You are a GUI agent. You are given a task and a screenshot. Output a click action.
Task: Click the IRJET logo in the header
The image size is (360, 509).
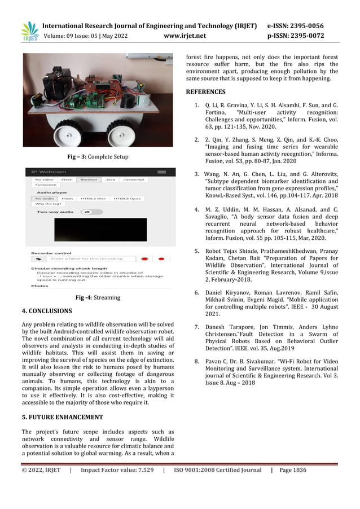pos(29,32)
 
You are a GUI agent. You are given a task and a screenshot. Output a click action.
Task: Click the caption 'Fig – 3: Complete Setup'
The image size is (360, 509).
pos(98,157)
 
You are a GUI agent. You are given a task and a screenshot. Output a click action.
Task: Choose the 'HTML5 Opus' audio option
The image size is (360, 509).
pos(127,199)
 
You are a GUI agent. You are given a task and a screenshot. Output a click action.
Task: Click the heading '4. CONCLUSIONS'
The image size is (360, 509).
pos(47,311)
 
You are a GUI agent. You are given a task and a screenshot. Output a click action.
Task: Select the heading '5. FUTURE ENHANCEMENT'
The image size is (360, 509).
pos(62,417)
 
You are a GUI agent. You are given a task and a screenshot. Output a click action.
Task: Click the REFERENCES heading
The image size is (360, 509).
pos(205,91)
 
